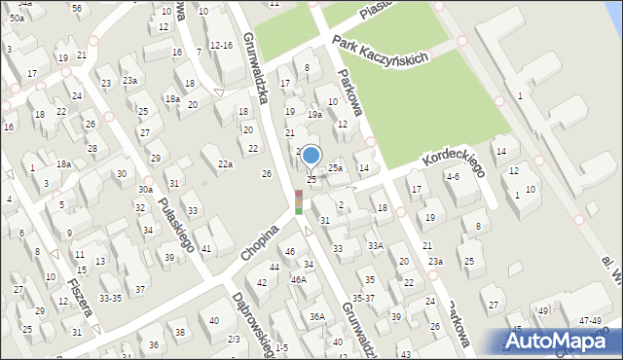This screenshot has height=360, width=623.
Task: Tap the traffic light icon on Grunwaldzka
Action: [298, 202]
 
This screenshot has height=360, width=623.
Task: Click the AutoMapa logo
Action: [561, 340]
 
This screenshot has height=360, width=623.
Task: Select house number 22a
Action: [225, 164]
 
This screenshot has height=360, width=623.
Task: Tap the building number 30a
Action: [145, 189]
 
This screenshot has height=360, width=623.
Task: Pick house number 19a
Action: [314, 115]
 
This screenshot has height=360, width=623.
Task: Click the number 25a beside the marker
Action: [335, 168]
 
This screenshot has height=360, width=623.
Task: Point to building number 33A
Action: [375, 246]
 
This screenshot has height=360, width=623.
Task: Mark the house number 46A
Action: [298, 279]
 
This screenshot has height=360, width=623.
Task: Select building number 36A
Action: [317, 316]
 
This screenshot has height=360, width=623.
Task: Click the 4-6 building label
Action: [452, 177]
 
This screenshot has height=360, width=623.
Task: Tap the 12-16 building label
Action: [221, 46]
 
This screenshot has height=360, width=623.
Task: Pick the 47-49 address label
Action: [589, 320]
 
